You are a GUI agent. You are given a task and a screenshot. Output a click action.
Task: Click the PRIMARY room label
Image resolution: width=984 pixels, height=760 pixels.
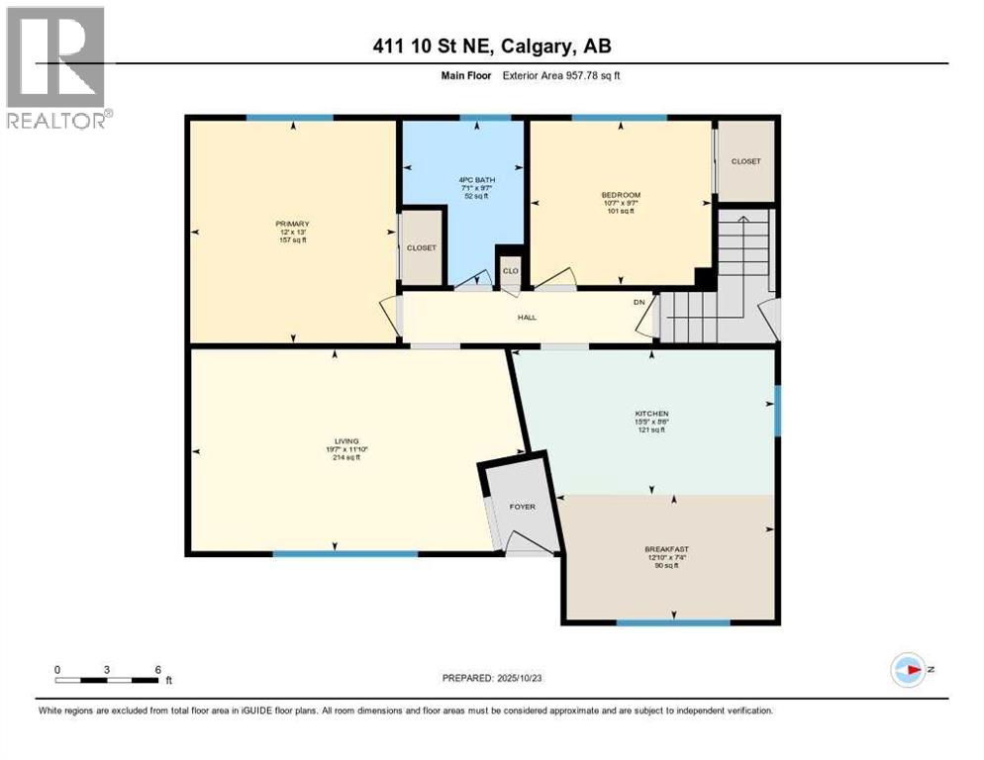pyautogui.click(x=293, y=224)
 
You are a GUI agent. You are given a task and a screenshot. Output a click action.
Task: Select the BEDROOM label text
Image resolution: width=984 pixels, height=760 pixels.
pyautogui.click(x=621, y=195)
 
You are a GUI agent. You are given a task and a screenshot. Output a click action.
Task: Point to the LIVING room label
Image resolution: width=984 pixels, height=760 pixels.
pyautogui.click(x=345, y=441)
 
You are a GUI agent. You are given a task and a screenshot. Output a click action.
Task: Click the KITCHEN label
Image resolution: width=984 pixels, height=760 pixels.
pyautogui.click(x=651, y=414)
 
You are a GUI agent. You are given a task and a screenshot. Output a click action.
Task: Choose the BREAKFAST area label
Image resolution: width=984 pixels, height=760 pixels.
pyautogui.click(x=666, y=549)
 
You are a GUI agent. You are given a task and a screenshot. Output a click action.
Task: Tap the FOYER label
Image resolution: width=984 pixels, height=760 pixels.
pyautogui.click(x=522, y=507)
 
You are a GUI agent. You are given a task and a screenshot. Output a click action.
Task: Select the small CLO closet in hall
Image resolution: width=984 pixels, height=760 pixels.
pyautogui.click(x=510, y=270)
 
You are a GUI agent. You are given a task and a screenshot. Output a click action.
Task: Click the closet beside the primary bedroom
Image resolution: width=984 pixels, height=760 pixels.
pyautogui.click(x=422, y=248)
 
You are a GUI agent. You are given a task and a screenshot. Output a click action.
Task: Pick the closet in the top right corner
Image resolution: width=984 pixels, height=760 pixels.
pyautogui.click(x=745, y=161)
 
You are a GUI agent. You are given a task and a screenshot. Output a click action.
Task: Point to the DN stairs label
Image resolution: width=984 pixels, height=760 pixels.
pyautogui.click(x=640, y=304)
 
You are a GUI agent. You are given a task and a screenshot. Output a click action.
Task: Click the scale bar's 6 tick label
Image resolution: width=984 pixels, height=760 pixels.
pyautogui.click(x=157, y=669)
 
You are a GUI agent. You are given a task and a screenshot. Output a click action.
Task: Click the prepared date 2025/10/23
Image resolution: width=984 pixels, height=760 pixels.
pyautogui.click(x=519, y=678)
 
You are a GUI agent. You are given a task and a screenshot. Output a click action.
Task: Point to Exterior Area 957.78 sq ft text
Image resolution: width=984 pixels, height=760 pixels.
pyautogui.click(x=562, y=75)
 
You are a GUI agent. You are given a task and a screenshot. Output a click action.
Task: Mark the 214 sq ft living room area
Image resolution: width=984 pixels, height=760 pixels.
pyautogui.click(x=345, y=458)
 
